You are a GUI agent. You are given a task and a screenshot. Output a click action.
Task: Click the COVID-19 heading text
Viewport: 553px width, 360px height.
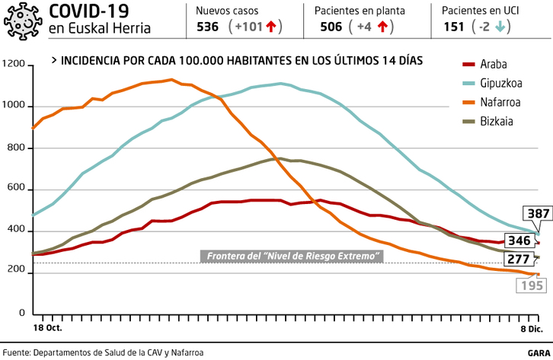(x=88, y=11)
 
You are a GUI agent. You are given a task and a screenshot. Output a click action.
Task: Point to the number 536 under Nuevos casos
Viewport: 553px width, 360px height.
(x=207, y=27)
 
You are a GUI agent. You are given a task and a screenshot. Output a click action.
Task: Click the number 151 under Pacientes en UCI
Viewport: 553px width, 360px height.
(x=454, y=27)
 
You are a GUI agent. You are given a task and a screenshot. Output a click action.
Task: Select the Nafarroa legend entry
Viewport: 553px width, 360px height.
(x=500, y=102)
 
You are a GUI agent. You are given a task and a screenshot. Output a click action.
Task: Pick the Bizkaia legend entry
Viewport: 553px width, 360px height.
(x=497, y=121)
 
